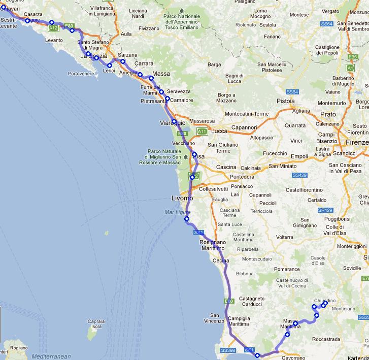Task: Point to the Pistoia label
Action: coord(286,101)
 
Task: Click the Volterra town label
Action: coord(288,237)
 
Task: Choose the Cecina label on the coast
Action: coord(221,260)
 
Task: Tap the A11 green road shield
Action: coord(202,132)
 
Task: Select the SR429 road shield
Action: coord(325,210)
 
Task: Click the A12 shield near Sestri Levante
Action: coord(54,28)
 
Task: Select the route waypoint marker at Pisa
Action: coord(194,154)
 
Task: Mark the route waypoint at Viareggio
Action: coord(174,121)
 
